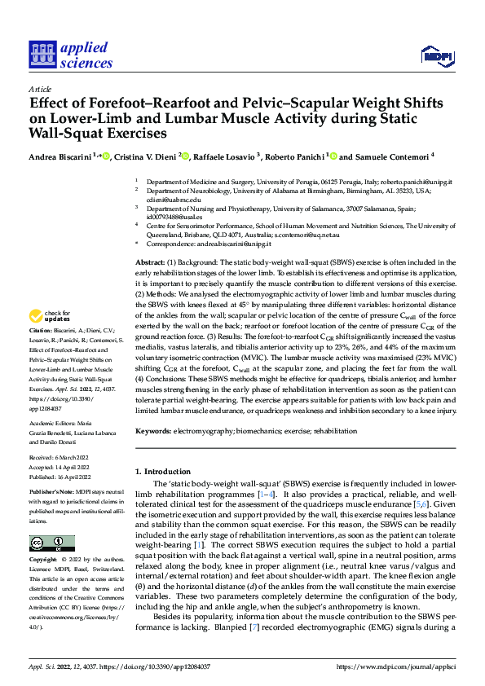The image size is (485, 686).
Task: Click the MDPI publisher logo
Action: [x=437, y=55]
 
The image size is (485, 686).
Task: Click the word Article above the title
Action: [x=40, y=89]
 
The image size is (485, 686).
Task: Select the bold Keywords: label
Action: [x=155, y=430]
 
